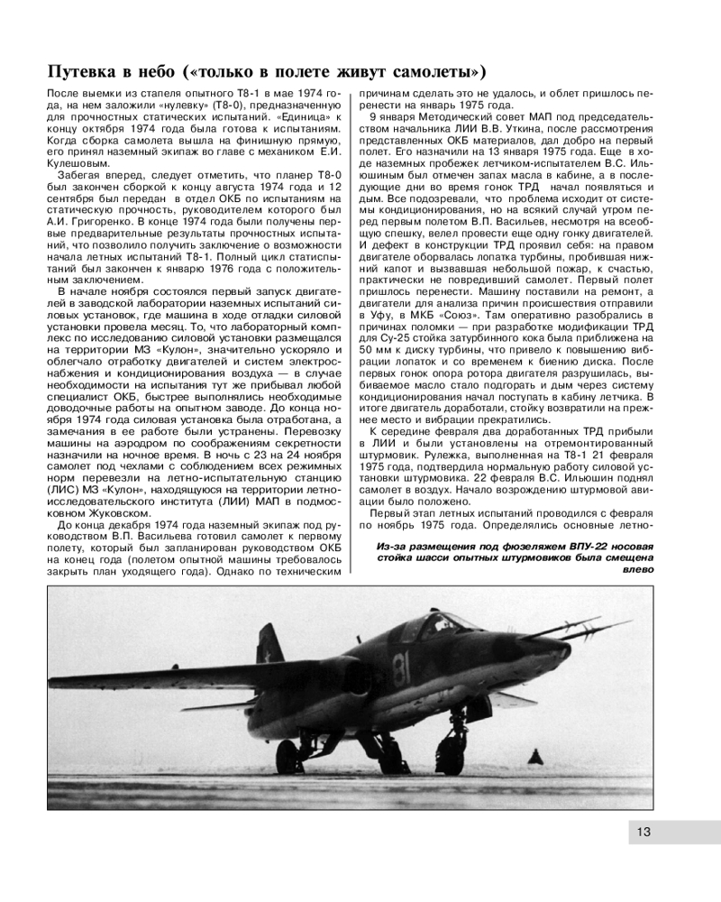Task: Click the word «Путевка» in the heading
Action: pos(87,70)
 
